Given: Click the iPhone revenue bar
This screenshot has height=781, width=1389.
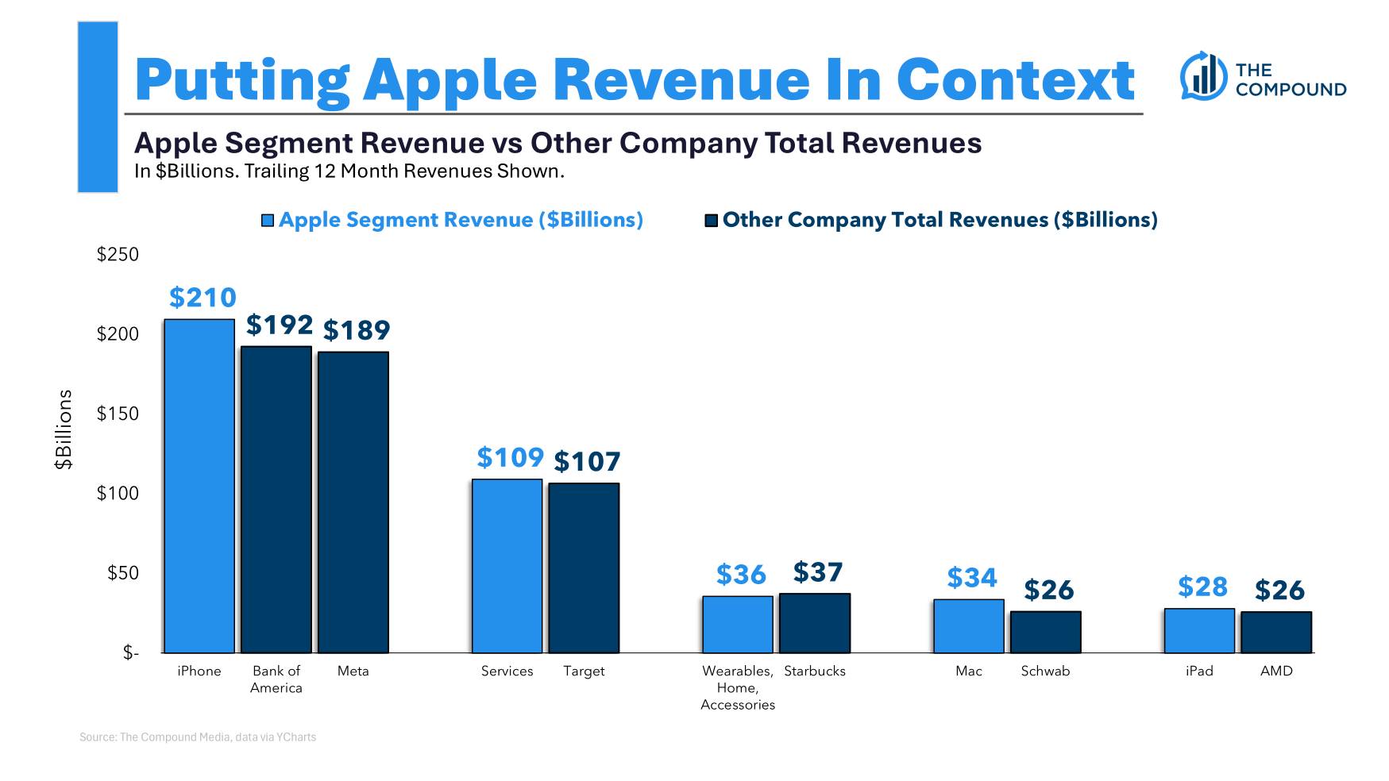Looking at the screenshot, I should [x=199, y=486].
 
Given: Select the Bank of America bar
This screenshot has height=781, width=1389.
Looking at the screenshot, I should [x=276, y=499].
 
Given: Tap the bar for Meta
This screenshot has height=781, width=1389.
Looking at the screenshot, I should [x=353, y=502].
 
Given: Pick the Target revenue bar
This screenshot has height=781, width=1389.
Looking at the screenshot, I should [x=584, y=567].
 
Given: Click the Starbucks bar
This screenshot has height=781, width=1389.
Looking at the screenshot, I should [x=815, y=623].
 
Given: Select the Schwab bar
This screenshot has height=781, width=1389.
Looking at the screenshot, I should [x=1045, y=632].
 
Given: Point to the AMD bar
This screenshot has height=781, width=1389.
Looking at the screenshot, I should [x=1276, y=632].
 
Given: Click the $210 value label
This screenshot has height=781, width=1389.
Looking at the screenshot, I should [x=203, y=298].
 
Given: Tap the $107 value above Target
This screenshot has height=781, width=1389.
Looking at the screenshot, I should [x=587, y=461].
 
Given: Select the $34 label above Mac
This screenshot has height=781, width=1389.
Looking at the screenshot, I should [x=972, y=578].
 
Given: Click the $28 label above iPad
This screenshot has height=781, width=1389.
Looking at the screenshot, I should [x=1202, y=587].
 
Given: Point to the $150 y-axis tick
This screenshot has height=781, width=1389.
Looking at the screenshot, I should [x=118, y=414].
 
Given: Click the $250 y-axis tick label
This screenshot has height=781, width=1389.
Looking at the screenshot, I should [x=118, y=255].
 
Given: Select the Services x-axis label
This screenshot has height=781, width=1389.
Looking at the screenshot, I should [x=507, y=671].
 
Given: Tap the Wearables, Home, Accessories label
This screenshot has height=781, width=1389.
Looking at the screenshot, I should [x=738, y=687].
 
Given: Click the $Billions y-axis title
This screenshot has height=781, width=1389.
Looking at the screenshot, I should [x=64, y=429].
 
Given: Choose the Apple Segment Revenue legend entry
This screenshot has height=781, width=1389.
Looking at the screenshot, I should [x=453, y=220].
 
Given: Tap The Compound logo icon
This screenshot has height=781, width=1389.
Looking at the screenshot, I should [x=1203, y=76].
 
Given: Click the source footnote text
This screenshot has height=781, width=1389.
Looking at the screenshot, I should [x=198, y=737].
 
